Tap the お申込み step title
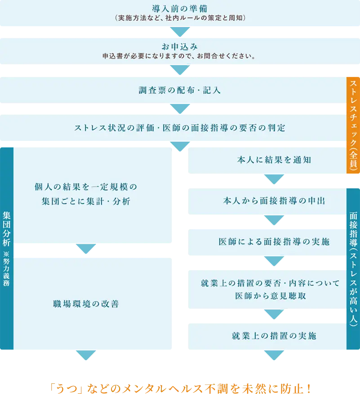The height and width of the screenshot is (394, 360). (x=180, y=47)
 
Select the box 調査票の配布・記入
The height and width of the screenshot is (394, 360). (x=180, y=90)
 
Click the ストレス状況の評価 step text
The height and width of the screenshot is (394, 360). (x=180, y=128)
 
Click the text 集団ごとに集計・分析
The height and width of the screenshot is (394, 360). (x=85, y=201)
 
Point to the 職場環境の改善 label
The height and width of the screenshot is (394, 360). (x=86, y=304)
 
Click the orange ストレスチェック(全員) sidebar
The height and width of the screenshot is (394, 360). (x=353, y=125)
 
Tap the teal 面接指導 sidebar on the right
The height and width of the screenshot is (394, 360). (x=353, y=268)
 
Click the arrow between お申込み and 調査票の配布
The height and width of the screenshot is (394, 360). (x=180, y=71)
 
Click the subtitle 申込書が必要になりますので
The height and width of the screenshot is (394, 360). (x=180, y=57)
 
